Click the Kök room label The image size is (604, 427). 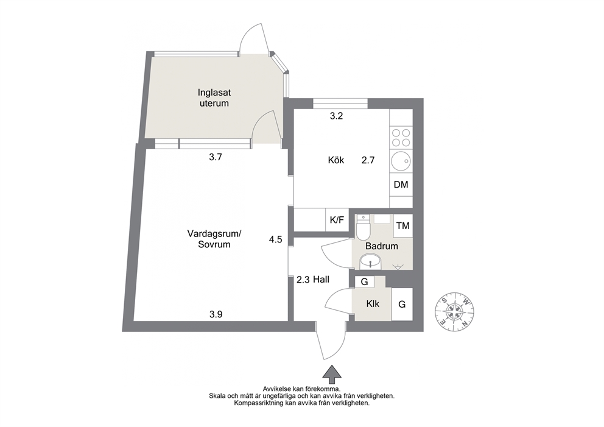click(336, 160)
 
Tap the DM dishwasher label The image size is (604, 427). click(401, 185)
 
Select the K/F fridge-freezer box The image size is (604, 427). click(337, 220)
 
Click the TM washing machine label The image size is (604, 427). click(403, 225)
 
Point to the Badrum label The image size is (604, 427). click(381, 246)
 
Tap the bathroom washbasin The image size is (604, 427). click(370, 263)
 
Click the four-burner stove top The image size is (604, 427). click(401, 138)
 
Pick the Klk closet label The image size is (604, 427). click(373, 304)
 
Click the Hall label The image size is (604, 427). click(321, 280)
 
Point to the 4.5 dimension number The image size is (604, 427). click(275, 240)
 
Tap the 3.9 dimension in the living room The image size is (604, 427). click(216, 314)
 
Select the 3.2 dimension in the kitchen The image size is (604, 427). click(336, 116)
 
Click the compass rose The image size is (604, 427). click(455, 311)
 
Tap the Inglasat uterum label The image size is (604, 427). click(214, 98)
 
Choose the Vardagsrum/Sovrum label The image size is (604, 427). click(214, 239)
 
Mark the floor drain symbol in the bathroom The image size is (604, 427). click(397, 266)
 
